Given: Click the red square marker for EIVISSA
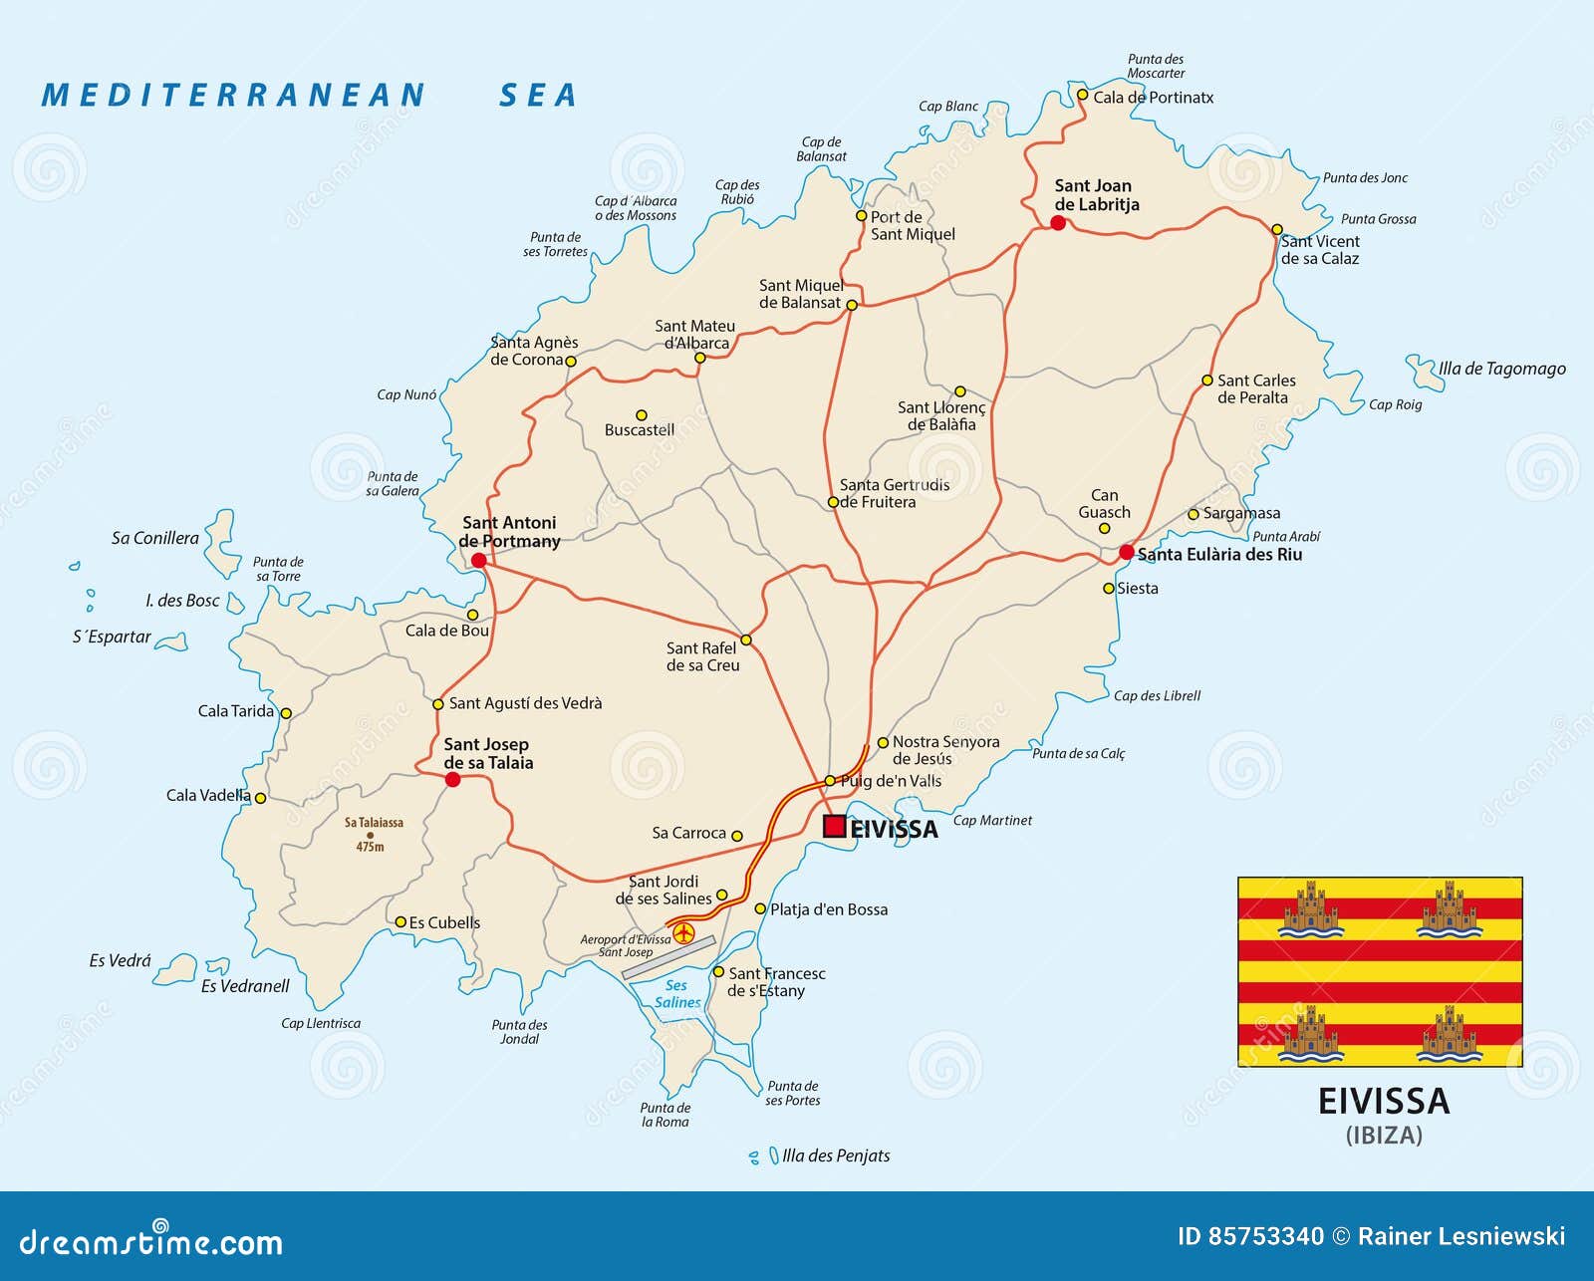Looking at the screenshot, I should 834,826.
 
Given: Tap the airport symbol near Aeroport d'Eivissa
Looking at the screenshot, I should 683,933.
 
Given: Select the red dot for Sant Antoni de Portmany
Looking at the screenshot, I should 478,561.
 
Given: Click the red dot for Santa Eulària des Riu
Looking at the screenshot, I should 1126,552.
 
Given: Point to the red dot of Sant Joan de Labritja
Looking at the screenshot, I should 1058,223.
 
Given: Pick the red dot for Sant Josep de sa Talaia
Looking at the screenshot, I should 452,779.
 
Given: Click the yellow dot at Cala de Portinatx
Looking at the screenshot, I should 1082,96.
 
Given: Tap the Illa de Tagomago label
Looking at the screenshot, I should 1501,369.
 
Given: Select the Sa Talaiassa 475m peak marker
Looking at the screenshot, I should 371,836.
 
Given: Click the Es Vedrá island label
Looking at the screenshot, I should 120,961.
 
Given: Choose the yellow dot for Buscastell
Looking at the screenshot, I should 642,415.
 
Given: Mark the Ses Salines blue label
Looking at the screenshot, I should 677,994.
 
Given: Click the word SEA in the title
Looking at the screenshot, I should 538,95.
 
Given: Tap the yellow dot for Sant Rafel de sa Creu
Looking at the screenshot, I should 745,640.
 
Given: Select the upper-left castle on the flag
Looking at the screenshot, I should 1309,908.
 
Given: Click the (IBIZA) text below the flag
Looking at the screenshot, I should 1383,1135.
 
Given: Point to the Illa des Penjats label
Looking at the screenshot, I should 835,1155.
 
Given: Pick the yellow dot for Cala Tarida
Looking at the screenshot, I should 286,713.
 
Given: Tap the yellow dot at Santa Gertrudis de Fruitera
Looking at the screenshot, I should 834,502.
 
